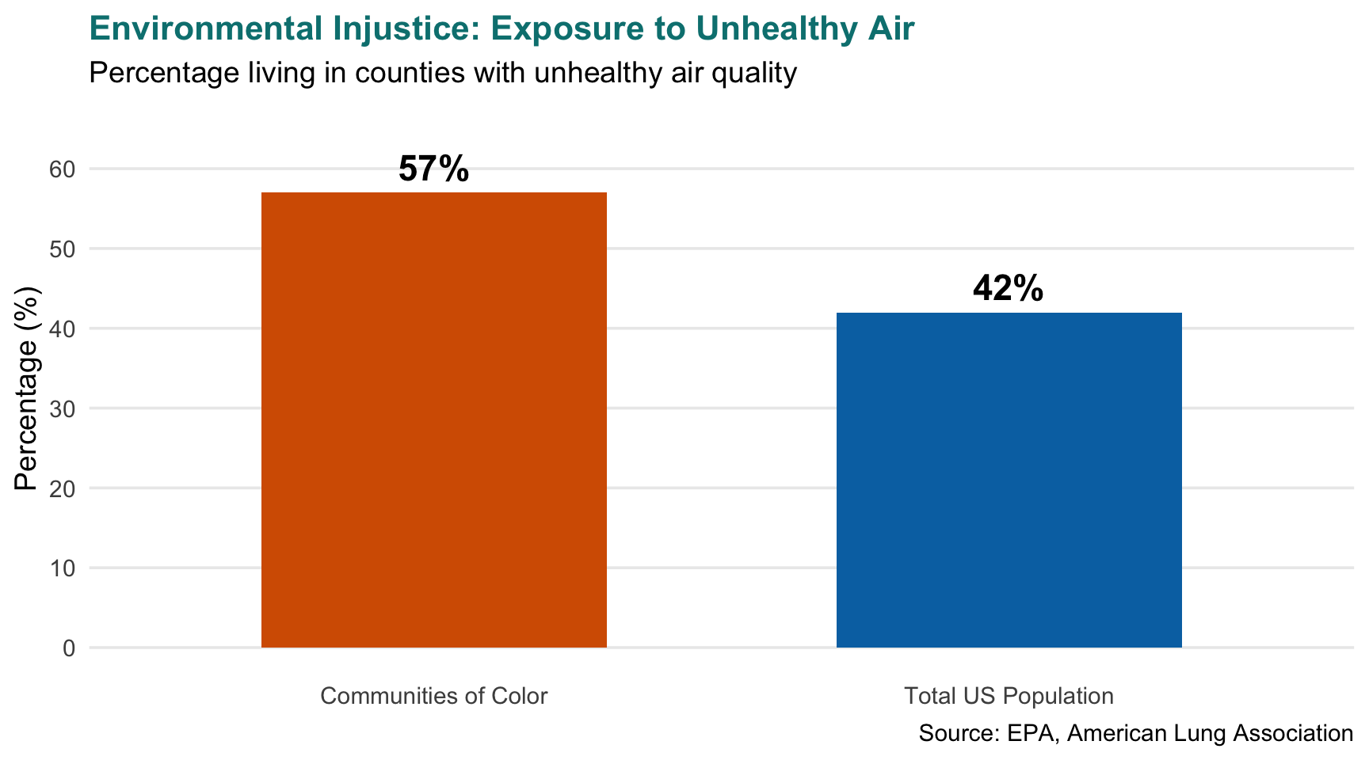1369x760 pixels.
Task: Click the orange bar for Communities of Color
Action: click(x=434, y=420)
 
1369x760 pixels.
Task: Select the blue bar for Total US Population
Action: click(x=1009, y=480)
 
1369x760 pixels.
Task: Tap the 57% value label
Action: click(x=433, y=169)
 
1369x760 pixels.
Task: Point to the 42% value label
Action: click(x=1008, y=289)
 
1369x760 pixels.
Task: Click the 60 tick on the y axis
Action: click(x=66, y=169)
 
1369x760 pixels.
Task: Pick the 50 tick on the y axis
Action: click(x=66, y=249)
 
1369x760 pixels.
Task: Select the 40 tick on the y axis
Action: click(x=66, y=329)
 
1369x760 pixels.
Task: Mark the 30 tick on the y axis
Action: click(x=66, y=408)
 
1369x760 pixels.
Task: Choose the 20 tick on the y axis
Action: click(x=66, y=488)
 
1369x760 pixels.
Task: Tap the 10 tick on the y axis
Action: click(x=66, y=568)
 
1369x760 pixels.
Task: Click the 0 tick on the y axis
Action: click(x=70, y=648)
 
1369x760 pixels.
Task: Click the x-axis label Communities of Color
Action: click(x=433, y=696)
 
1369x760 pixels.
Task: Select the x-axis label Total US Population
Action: click(x=1009, y=696)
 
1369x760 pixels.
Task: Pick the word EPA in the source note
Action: click(x=1032, y=733)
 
